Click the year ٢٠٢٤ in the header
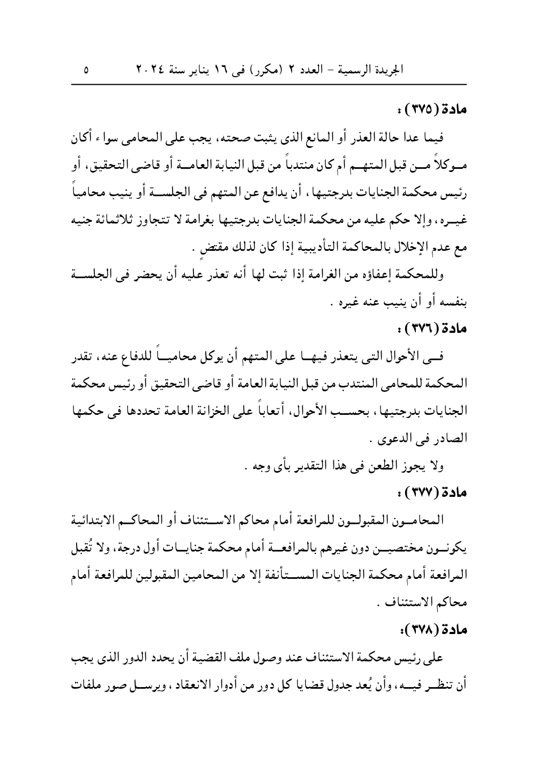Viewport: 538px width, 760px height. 147,70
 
